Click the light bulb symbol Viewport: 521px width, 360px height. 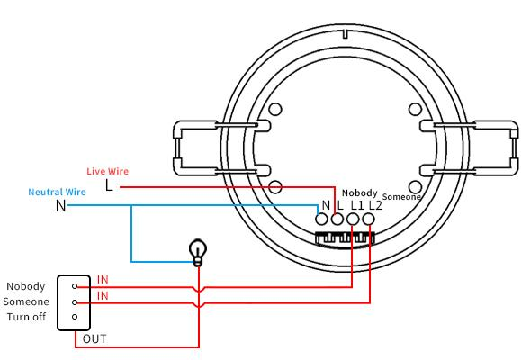coord(198,252)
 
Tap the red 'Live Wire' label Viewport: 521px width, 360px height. coord(108,171)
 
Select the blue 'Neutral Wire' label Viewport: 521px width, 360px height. coord(58,192)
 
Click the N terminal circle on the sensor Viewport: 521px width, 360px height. coord(321,219)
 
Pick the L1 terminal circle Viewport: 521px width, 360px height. coord(353,219)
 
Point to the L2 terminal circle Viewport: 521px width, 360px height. coord(368,219)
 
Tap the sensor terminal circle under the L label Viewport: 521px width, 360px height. coord(337,219)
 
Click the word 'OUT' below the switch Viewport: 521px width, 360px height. coord(94,339)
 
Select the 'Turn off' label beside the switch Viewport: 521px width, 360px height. coord(26,317)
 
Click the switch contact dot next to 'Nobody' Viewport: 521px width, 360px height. coord(75,286)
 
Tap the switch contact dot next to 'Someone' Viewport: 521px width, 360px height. coord(75,302)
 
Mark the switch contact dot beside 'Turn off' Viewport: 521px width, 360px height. coord(75,317)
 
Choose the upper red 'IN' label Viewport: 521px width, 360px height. coord(103,280)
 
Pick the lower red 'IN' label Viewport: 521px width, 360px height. coord(103,295)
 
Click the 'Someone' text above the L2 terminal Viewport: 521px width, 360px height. coord(401,197)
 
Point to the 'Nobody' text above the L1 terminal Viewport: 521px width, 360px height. coord(360,193)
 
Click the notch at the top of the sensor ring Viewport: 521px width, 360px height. coord(346,33)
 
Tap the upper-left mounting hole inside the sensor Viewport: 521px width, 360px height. coord(275,109)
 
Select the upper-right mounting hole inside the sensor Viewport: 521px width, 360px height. coord(415,109)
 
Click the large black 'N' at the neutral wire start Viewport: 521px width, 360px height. coord(61,205)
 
